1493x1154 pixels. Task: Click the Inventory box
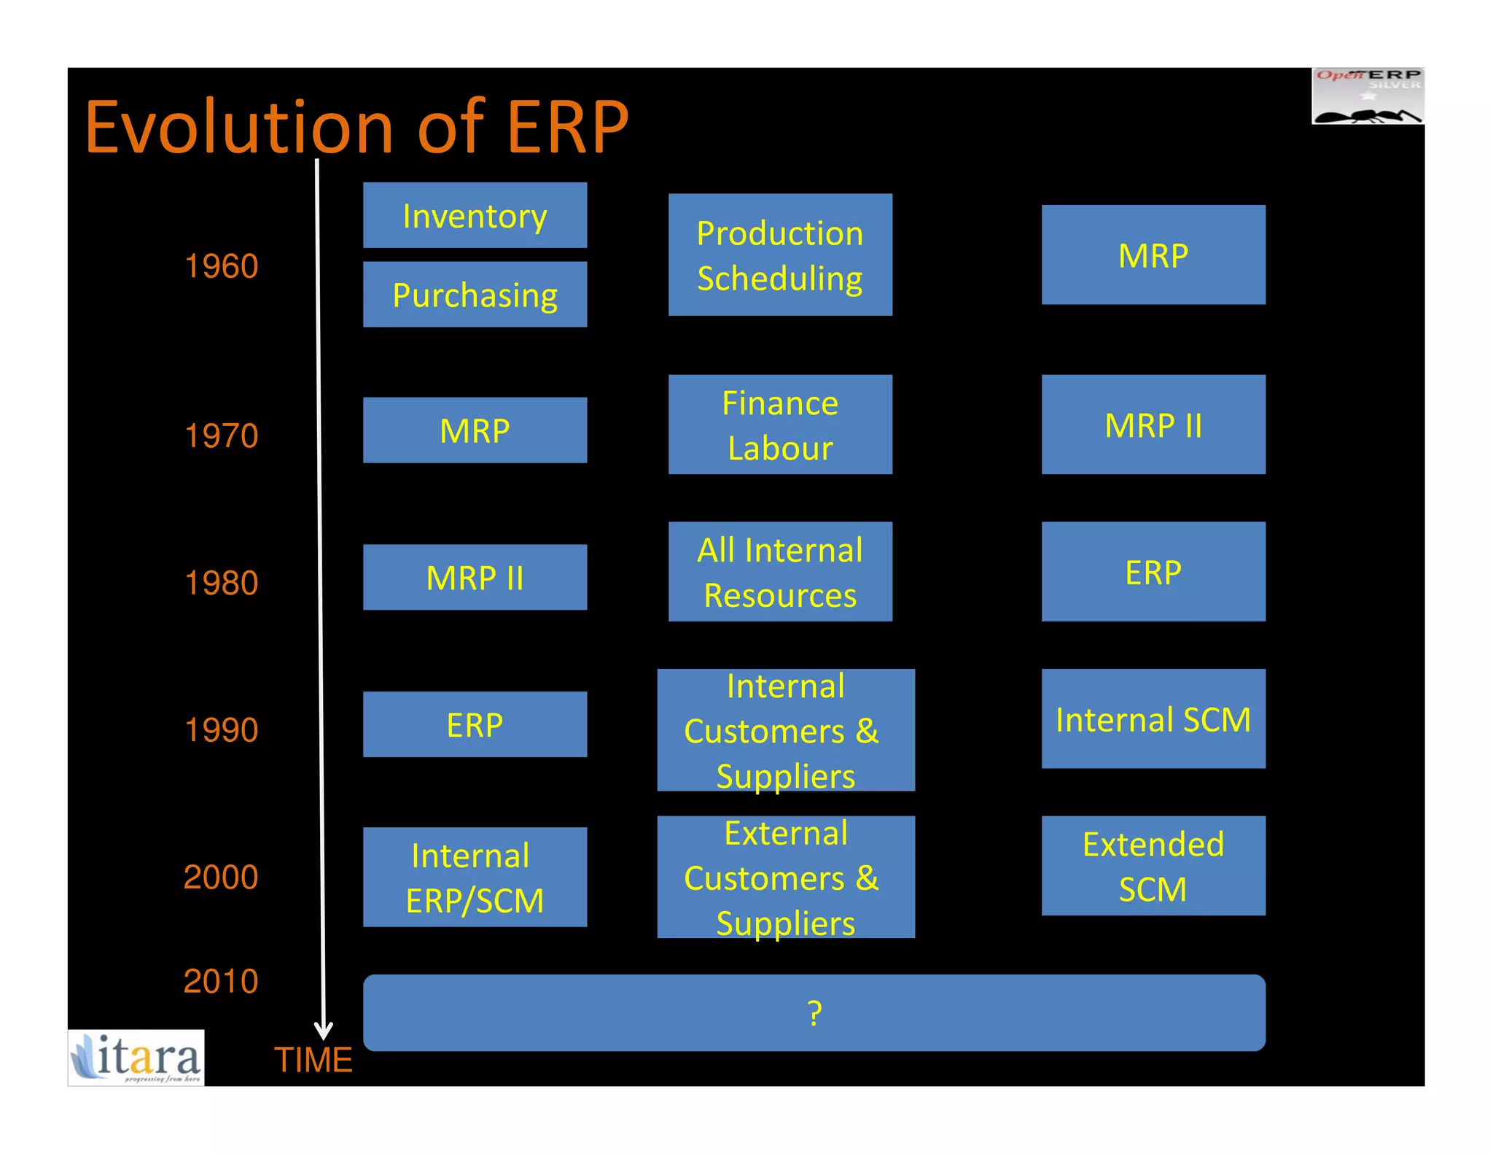[475, 215]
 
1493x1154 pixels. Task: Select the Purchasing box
[475, 295]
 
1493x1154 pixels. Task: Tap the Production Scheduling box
[779, 255]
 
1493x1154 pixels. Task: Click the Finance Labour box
[779, 425]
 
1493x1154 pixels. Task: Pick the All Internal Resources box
[779, 571]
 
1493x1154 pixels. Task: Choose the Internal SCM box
[1153, 719]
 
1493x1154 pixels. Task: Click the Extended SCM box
[1153, 866]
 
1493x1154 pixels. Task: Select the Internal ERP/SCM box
[475, 877]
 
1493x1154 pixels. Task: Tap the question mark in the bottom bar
[814, 1013]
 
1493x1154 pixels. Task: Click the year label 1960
[221, 266]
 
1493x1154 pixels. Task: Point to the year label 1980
[221, 583]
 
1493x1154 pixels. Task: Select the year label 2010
[221, 981]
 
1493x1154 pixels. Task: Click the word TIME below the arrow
[313, 1059]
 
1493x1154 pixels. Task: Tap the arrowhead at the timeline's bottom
[323, 1031]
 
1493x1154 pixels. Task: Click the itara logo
[136, 1058]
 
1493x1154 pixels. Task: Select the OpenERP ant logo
[1368, 96]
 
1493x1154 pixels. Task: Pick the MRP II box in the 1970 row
[1153, 425]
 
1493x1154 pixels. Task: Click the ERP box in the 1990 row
[475, 724]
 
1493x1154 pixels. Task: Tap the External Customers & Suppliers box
[785, 877]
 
